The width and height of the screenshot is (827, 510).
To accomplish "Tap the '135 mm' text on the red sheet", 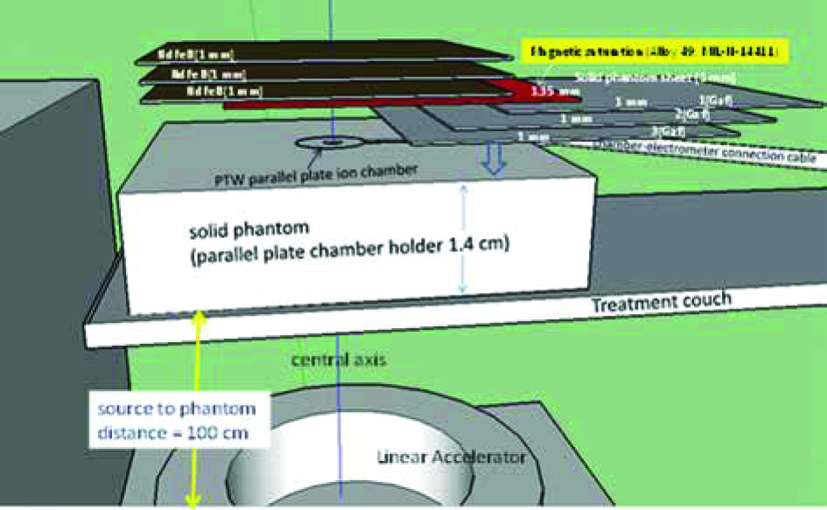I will [548, 90].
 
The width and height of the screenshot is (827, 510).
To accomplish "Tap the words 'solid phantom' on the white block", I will [242, 233].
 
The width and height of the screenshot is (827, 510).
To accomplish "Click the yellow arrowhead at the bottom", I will [193, 500].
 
